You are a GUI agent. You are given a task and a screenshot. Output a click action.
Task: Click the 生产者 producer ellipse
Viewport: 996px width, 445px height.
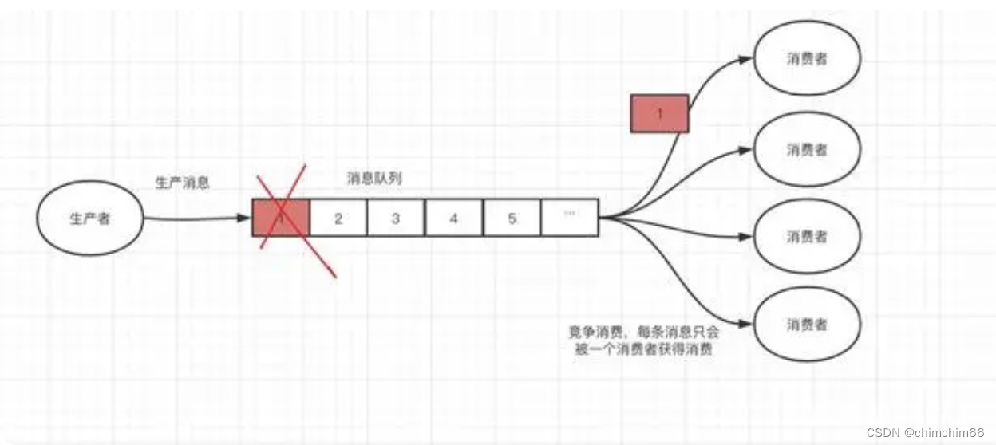click(x=90, y=218)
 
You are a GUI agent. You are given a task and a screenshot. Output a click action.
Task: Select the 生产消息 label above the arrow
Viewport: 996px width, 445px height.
click(x=182, y=183)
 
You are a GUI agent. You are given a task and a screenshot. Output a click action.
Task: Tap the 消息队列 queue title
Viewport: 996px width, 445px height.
click(x=374, y=179)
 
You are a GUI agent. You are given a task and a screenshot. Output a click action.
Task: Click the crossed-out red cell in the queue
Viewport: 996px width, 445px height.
click(x=280, y=217)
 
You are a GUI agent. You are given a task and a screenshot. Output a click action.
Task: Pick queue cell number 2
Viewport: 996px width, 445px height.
click(x=338, y=218)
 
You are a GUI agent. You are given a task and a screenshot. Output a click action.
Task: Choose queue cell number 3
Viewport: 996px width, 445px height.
click(x=395, y=218)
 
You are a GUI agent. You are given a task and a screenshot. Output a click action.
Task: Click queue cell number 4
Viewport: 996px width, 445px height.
click(x=453, y=218)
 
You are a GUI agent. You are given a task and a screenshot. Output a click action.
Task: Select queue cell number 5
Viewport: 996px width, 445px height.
click(x=512, y=218)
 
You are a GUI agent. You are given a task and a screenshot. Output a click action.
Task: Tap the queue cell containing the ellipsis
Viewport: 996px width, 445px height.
click(x=569, y=218)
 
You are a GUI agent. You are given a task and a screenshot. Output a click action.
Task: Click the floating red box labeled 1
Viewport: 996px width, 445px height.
click(x=659, y=113)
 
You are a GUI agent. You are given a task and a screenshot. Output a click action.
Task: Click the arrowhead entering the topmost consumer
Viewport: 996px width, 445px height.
click(x=745, y=60)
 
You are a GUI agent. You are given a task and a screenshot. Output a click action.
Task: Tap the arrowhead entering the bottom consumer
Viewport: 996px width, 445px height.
click(x=745, y=325)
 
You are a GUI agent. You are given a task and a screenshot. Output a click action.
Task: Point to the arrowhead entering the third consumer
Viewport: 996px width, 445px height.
click(x=745, y=237)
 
